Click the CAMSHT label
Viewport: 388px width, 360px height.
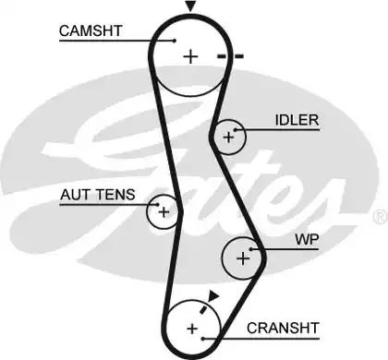(91, 30)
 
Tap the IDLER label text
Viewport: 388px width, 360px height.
(297, 120)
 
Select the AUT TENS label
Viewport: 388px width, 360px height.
(98, 195)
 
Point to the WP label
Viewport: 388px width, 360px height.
(307, 239)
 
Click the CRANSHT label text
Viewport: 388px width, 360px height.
(283, 328)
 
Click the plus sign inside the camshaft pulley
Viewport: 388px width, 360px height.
(190, 56)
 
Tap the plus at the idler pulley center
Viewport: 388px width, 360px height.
(228, 137)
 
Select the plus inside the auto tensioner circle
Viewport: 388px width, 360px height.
(164, 212)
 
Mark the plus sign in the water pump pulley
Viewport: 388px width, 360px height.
(243, 258)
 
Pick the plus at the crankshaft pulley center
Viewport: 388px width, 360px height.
(192, 329)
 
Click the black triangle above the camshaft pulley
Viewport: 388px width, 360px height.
(190, 6)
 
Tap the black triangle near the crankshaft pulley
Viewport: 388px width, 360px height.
(213, 295)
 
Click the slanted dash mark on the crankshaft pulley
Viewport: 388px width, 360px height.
(203, 309)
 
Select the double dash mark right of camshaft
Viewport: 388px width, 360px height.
(231, 56)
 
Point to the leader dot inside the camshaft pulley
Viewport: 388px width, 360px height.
(175, 41)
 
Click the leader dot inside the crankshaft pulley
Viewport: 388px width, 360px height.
(203, 339)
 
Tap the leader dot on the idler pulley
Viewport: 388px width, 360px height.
(236, 130)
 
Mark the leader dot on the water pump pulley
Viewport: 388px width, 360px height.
(251, 249)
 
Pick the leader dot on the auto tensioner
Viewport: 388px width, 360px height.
(157, 204)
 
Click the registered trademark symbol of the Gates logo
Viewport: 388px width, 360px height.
(381, 216)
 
